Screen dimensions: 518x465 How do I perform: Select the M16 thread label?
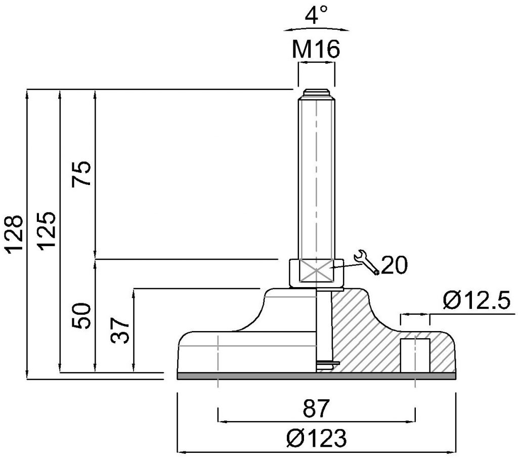pyautogui.click(x=316, y=50)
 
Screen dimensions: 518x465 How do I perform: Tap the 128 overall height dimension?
pyautogui.click(x=15, y=235)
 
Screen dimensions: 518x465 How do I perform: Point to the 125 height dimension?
pyautogui.click(x=46, y=230)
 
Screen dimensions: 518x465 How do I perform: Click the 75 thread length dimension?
pyautogui.click(x=81, y=174)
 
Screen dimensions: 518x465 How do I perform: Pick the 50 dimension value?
pyautogui.click(x=81, y=316)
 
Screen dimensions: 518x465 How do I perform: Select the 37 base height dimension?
pyautogui.click(x=119, y=331)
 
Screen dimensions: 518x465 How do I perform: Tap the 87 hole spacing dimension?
pyautogui.click(x=316, y=408)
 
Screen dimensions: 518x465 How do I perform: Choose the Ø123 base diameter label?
pyautogui.click(x=317, y=438)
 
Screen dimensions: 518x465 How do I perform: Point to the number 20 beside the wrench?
pyautogui.click(x=395, y=265)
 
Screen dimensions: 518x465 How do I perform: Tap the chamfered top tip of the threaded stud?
pyautogui.click(x=317, y=92)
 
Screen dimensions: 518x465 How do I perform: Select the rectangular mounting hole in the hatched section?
pyautogui.click(x=415, y=355)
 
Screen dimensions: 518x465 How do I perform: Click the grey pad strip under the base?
pyautogui.click(x=317, y=376)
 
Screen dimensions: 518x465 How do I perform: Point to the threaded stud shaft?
pyautogui.click(x=317, y=178)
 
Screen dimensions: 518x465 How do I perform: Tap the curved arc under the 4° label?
pyautogui.click(x=316, y=28)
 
